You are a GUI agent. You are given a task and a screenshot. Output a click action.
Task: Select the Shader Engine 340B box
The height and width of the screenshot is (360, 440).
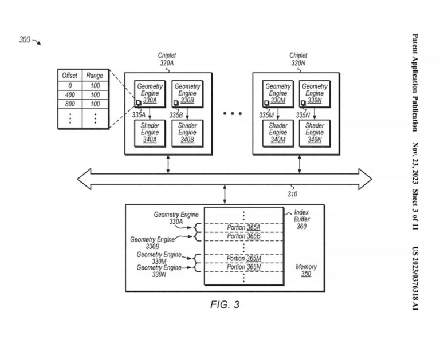pyautogui.click(x=187, y=132)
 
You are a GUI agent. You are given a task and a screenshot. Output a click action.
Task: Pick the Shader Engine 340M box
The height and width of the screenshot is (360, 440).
pyautogui.click(x=278, y=132)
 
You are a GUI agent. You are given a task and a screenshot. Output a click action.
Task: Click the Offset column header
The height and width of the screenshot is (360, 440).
pyautogui.click(x=70, y=76)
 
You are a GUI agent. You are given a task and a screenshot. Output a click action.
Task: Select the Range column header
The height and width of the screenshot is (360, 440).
pyautogui.click(x=95, y=76)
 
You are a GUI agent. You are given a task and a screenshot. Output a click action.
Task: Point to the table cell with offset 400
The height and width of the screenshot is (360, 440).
pyautogui.click(x=70, y=94)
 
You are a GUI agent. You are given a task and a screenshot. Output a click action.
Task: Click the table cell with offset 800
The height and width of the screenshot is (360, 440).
pyautogui.click(x=70, y=104)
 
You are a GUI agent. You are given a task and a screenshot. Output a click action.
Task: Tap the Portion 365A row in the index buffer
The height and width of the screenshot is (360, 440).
pyautogui.click(x=243, y=227)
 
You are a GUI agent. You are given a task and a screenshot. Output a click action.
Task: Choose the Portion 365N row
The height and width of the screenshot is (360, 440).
pyautogui.click(x=243, y=267)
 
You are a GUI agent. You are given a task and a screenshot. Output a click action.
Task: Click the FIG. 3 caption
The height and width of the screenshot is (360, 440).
pyautogui.click(x=225, y=304)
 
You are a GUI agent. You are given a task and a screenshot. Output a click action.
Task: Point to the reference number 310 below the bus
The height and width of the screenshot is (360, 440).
pyautogui.click(x=292, y=194)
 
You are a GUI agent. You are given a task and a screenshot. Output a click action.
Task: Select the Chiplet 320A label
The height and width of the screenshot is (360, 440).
pyautogui.click(x=167, y=60)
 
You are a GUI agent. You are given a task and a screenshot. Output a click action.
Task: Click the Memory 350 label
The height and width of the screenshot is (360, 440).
pyautogui.click(x=306, y=271)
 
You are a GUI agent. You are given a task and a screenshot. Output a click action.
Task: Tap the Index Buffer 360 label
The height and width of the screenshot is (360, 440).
pyautogui.click(x=301, y=219)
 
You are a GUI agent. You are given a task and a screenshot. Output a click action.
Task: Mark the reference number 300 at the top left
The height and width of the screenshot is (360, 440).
pyautogui.click(x=25, y=40)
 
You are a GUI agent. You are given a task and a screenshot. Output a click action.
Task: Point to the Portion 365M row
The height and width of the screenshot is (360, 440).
pyautogui.click(x=243, y=259)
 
